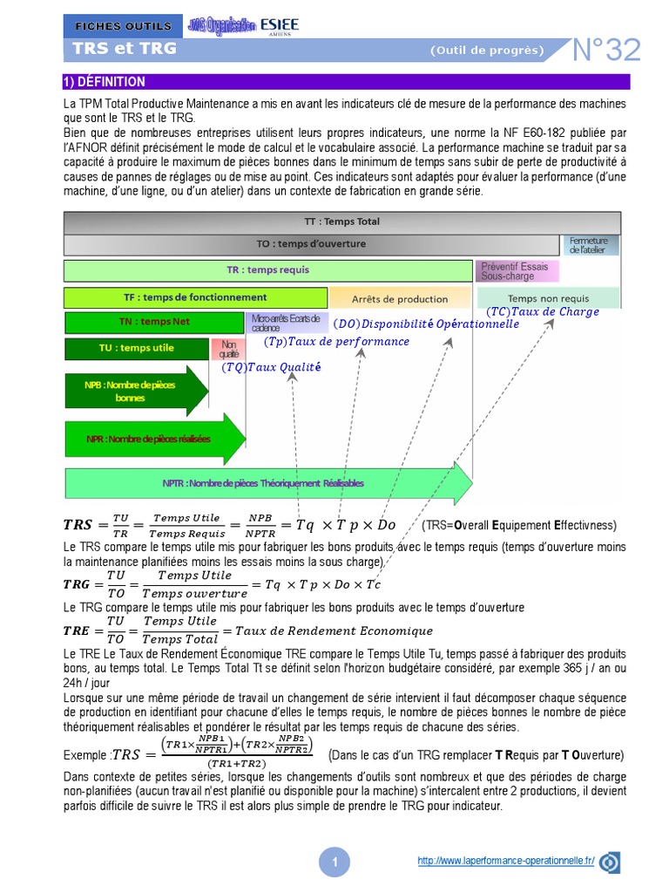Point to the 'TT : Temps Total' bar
(341, 222)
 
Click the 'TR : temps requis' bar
(268, 270)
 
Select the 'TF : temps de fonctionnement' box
(195, 297)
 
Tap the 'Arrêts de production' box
(400, 299)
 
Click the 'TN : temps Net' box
(154, 322)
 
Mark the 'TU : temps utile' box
(136, 349)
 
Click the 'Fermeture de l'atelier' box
(594, 244)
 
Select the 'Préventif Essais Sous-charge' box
(515, 270)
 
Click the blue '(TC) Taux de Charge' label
(543, 311)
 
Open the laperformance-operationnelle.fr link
(505, 861)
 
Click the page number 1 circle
(334, 862)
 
